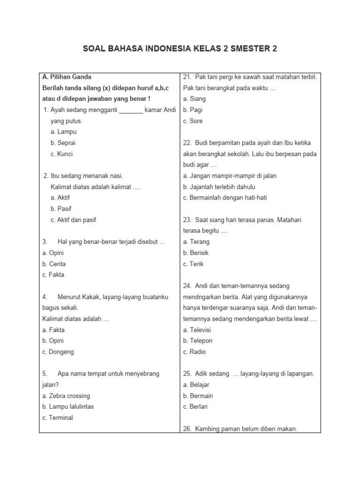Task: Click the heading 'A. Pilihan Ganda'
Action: (67, 77)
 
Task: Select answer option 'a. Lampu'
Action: (63, 132)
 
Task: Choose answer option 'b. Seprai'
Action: (63, 143)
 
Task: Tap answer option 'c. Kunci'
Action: (61, 154)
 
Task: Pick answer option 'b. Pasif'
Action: (61, 209)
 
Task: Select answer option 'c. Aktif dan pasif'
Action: (73, 220)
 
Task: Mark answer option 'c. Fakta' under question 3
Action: (53, 275)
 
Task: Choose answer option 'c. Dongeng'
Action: (58, 352)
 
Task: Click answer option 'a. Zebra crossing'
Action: (66, 396)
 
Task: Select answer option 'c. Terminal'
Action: (57, 418)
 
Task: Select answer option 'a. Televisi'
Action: (197, 330)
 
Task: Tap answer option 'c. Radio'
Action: (195, 352)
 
